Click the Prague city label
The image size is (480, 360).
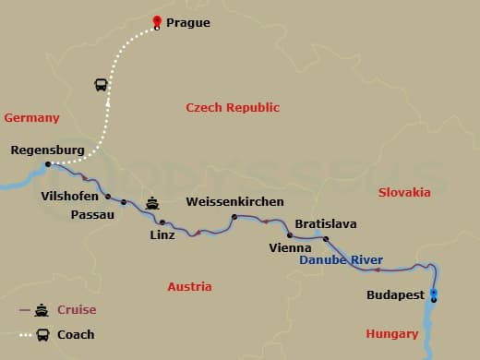[x=188, y=23]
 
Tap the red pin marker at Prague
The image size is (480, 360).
[x=157, y=21]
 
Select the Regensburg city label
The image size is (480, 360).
[x=47, y=150]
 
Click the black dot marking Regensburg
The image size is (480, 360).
[x=48, y=165]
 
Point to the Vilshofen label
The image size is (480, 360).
[x=71, y=196]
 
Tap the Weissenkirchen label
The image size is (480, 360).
[x=234, y=202]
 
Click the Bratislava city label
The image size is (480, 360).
[x=325, y=224]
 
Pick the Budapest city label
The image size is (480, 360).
[x=394, y=295]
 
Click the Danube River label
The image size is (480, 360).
[x=341, y=261]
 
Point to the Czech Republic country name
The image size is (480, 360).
[x=232, y=108]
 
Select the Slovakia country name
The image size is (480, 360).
[x=404, y=193]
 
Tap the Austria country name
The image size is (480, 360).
[x=189, y=287]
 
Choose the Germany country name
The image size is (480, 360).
[x=31, y=118]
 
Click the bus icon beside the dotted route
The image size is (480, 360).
[x=101, y=85]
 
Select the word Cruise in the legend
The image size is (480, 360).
[x=77, y=310]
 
